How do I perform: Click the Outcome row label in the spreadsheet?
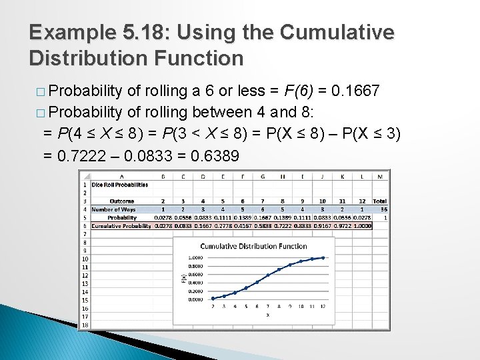tap(121, 201)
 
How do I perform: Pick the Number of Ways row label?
tap(114, 209)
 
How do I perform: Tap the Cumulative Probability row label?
tap(121, 226)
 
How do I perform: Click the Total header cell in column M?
tap(379, 201)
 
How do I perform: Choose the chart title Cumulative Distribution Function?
tap(253, 246)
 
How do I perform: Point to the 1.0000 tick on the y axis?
tap(195, 257)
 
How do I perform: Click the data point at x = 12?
tap(323, 257)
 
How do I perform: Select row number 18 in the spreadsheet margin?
tap(85, 325)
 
